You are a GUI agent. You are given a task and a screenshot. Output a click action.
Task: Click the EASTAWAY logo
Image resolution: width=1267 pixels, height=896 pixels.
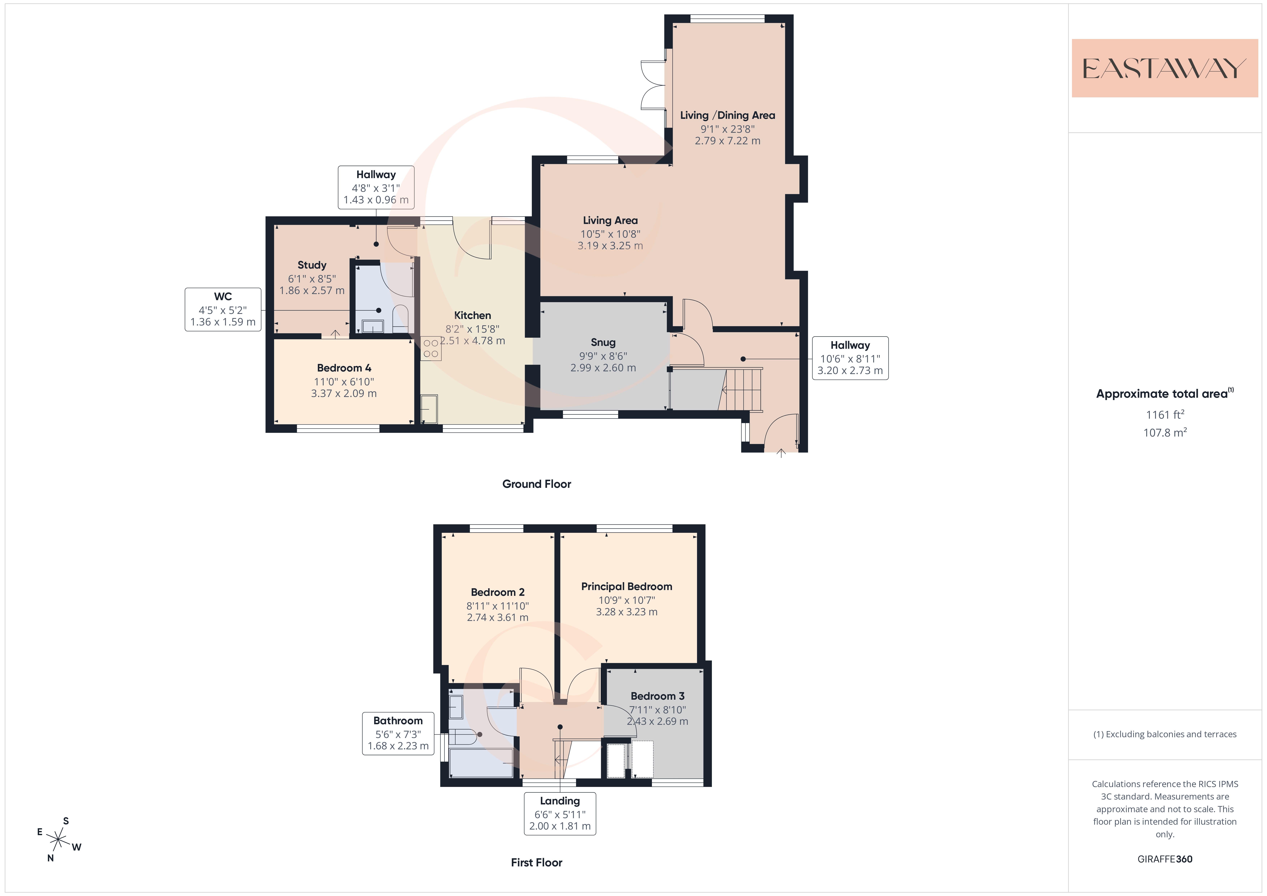click(x=1164, y=68)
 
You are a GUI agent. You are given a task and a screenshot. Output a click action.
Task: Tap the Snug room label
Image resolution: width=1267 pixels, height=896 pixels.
click(x=603, y=342)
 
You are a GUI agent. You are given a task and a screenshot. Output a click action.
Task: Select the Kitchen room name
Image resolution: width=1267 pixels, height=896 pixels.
click(x=472, y=315)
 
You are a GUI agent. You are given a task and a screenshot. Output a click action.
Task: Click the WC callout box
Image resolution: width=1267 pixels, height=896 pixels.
click(x=223, y=310)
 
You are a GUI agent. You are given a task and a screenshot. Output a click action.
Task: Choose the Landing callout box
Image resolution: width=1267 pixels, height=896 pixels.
click(x=560, y=813)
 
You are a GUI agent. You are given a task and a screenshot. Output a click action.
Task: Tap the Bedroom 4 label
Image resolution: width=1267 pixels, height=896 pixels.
click(x=344, y=368)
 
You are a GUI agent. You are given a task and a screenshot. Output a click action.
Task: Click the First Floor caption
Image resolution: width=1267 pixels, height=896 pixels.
click(x=536, y=862)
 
